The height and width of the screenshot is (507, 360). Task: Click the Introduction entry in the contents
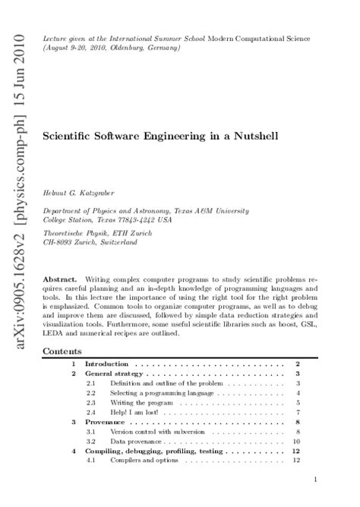click(106, 364)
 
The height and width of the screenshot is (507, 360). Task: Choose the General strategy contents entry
click(113, 375)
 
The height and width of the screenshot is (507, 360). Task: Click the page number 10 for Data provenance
click(297, 441)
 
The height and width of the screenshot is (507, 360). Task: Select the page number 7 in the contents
click(299, 411)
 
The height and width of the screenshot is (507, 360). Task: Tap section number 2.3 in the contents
click(90, 402)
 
